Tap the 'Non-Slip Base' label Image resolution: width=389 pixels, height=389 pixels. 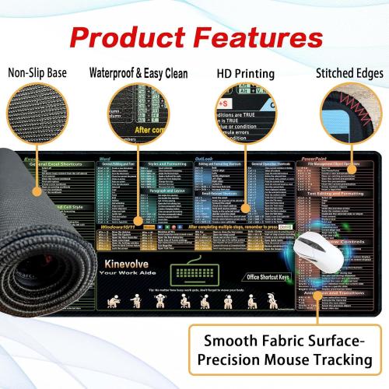tap(37, 73)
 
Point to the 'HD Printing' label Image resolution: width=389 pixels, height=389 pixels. tap(245, 73)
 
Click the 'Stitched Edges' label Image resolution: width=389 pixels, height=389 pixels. tap(349, 73)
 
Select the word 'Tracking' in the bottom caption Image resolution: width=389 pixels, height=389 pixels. tap(336, 360)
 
